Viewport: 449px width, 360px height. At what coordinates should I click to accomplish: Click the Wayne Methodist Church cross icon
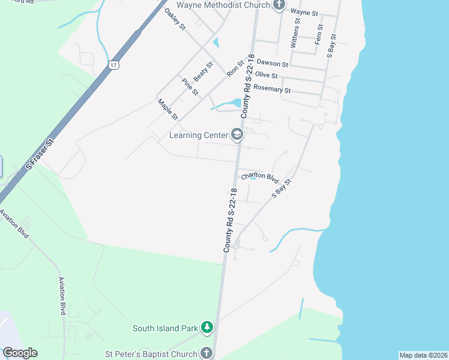tap(279, 5)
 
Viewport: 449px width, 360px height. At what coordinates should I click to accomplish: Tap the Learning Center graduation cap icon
tap(237, 135)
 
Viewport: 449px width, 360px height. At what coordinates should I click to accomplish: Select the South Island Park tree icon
tap(207, 328)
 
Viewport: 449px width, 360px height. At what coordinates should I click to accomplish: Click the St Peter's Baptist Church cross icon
tap(206, 353)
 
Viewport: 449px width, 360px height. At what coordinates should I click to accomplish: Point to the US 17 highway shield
tap(114, 63)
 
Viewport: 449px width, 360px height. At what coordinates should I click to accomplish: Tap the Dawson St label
tap(272, 62)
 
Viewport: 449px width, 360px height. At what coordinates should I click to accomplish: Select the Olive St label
tap(266, 76)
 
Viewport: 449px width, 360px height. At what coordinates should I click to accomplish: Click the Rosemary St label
tap(272, 89)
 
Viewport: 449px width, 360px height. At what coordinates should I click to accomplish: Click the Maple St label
tap(167, 110)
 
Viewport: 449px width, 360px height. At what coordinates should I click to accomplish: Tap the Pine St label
tap(190, 86)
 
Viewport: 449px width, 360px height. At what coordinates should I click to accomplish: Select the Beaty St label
tap(203, 73)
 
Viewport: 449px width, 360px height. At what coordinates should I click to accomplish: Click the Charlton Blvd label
tap(260, 178)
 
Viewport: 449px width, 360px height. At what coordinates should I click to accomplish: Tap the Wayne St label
tap(304, 11)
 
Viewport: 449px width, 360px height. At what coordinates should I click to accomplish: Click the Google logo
tap(20, 352)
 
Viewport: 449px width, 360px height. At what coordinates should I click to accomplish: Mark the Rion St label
tap(236, 68)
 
